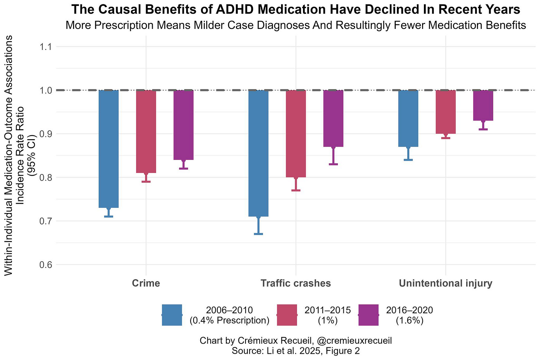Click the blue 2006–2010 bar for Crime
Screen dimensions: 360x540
[108, 148]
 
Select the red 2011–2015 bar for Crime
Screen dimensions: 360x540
[146, 131]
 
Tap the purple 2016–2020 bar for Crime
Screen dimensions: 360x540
[183, 125]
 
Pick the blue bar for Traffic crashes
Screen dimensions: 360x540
[258, 153]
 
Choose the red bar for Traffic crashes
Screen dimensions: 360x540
[296, 134]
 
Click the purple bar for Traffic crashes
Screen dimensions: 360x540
[333, 118]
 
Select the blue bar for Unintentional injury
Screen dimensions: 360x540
[408, 118]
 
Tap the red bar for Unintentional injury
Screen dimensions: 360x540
[445, 112]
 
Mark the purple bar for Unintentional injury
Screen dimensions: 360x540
[483, 105]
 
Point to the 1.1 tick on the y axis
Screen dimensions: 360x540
[43, 47]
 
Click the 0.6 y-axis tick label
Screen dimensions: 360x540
[43, 265]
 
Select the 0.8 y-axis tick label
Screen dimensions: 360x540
[43, 177]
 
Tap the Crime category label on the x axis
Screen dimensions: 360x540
[146, 284]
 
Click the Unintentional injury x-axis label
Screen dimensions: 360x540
[445, 284]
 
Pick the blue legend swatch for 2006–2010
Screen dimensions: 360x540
[172, 315]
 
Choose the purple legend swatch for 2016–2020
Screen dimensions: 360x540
[368, 315]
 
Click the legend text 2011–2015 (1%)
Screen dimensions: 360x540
[327, 315]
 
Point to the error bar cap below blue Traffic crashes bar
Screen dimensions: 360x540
[258, 234]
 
